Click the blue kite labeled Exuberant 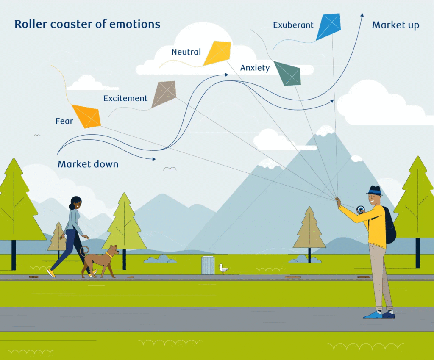(328, 27)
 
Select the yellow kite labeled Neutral (217, 53)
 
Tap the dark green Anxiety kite (287, 73)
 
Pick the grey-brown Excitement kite (164, 94)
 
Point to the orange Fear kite (86, 116)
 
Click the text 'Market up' (395, 25)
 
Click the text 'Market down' (88, 164)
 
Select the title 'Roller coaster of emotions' (87, 24)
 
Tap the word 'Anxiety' (255, 68)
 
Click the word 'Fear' (64, 121)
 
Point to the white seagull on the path (223, 269)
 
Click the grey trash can (208, 265)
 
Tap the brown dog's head (113, 251)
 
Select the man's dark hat (374, 191)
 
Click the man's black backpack (389, 224)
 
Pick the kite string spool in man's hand (361, 209)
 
